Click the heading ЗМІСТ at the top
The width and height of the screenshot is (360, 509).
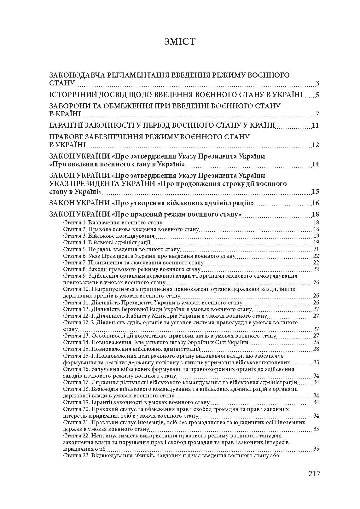[180, 42]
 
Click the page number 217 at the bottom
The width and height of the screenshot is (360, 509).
[314, 473]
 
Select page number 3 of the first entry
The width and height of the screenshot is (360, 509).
[317, 84]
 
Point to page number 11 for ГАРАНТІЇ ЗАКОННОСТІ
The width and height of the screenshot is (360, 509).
[316, 125]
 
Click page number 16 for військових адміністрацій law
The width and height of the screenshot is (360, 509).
[316, 203]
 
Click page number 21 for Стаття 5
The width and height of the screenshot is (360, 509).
[316, 249]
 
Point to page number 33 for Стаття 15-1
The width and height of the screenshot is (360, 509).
[316, 362]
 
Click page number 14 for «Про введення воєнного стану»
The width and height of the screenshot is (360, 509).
[316, 164]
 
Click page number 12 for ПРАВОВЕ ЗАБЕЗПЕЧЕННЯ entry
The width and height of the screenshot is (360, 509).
[316, 145]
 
